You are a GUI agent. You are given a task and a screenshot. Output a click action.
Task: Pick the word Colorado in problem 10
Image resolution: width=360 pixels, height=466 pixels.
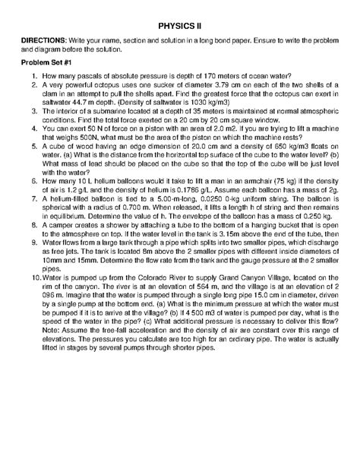pos(166,279)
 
